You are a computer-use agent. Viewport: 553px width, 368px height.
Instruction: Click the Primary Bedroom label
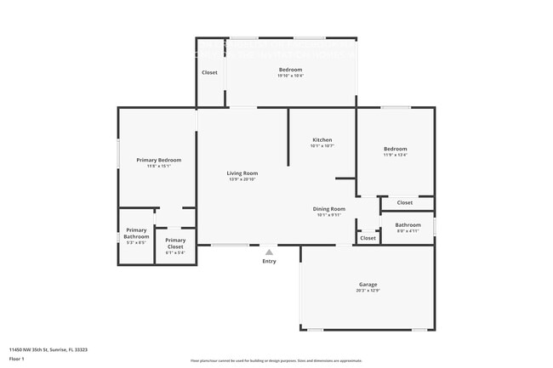click(x=159, y=160)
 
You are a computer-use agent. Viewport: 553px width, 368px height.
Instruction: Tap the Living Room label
click(x=242, y=173)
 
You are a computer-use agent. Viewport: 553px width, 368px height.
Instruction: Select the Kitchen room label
click(x=322, y=139)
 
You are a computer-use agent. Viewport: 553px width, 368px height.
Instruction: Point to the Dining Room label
click(x=330, y=208)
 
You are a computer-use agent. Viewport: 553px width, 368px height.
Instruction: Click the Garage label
click(x=368, y=284)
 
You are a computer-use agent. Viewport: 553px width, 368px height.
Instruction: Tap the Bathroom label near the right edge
click(x=408, y=224)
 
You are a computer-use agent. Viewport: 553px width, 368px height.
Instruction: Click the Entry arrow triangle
click(x=269, y=252)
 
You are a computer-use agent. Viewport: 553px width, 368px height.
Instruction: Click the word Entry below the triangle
click(x=269, y=261)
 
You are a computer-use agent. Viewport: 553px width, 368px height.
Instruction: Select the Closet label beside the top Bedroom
click(x=209, y=72)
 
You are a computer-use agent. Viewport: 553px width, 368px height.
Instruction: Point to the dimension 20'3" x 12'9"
click(x=368, y=291)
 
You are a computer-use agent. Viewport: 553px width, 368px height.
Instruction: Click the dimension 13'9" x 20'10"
click(x=242, y=179)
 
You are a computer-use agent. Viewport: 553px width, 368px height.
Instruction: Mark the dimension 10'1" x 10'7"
click(x=322, y=146)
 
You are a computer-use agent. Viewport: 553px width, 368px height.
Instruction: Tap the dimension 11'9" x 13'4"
click(x=396, y=155)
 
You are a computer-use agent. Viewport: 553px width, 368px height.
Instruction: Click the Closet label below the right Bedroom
click(x=405, y=202)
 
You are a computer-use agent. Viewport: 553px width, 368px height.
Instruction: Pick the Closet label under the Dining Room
click(x=368, y=238)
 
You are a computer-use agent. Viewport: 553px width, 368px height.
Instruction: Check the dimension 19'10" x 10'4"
click(x=291, y=76)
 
